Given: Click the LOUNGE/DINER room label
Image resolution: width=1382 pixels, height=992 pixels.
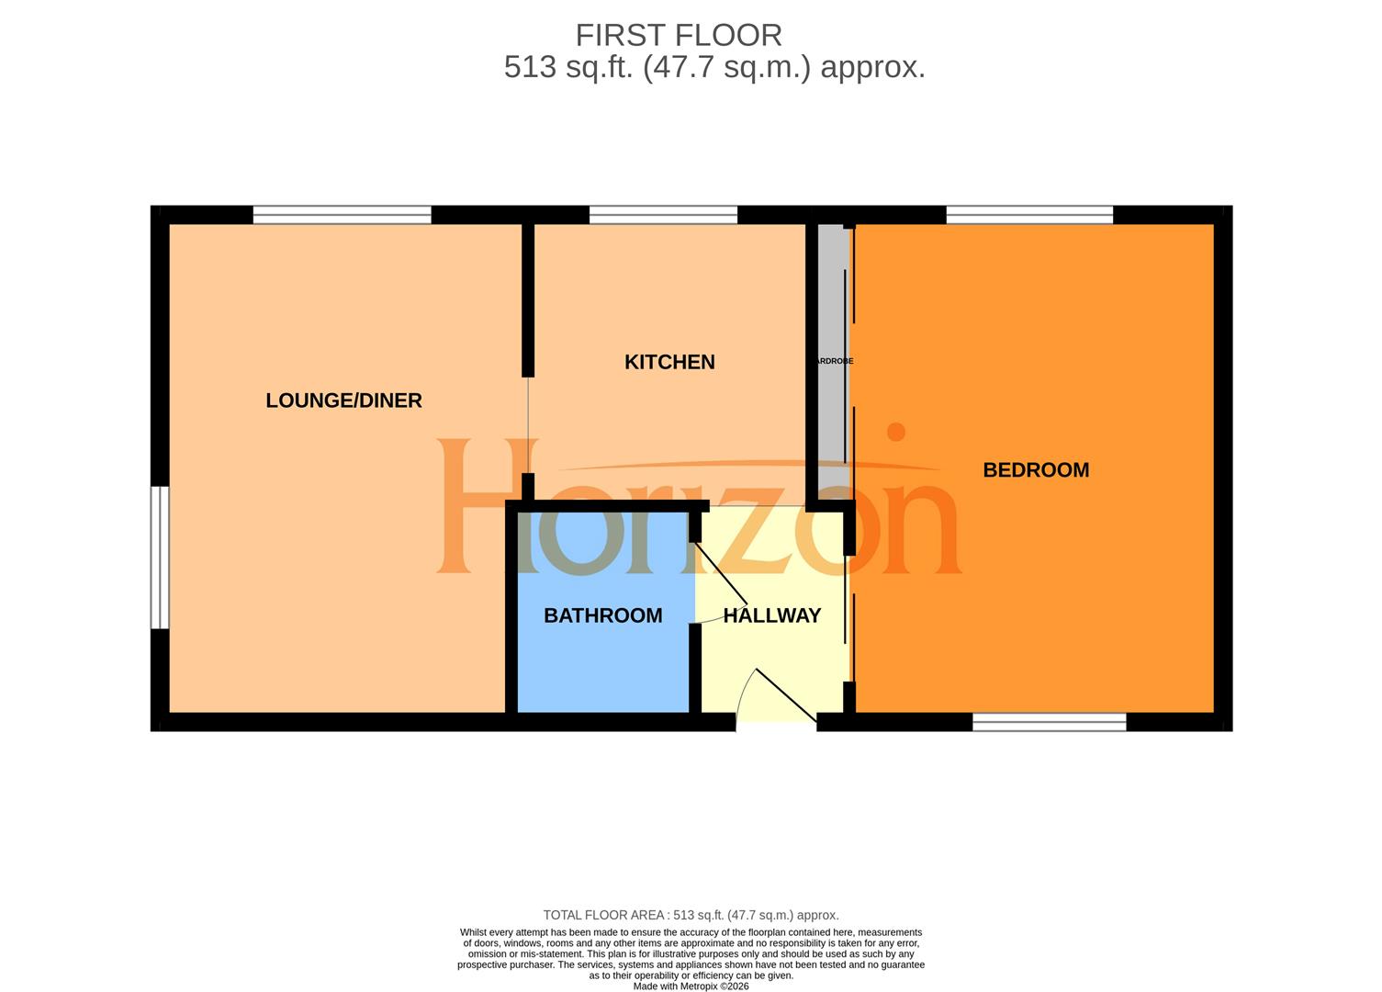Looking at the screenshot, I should (x=343, y=400).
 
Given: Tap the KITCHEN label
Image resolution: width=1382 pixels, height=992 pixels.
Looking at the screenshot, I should (x=669, y=362).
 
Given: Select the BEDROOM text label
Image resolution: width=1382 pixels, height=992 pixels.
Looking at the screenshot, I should (x=1036, y=470).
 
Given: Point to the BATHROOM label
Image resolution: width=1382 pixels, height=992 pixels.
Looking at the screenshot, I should (x=602, y=615).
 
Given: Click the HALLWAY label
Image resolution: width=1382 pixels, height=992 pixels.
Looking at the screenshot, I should (x=771, y=615).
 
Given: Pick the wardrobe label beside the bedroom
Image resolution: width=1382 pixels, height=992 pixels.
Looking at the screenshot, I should (x=834, y=361).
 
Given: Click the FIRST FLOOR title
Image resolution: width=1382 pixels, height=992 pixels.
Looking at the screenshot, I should (x=679, y=35).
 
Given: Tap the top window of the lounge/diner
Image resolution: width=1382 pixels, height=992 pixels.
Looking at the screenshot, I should (x=342, y=215).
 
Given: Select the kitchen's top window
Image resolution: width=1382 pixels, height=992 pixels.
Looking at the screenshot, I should (x=663, y=215).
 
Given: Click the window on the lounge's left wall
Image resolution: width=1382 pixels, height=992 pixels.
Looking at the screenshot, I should (x=160, y=558).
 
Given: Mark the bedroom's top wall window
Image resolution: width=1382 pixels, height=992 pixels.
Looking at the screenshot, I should (x=1029, y=215).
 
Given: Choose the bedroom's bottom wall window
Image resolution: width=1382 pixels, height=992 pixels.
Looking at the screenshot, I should (x=1049, y=723).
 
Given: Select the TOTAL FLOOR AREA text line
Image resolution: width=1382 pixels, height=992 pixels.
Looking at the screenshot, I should (x=691, y=915).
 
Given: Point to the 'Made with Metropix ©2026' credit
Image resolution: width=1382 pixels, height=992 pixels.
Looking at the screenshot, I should (x=691, y=986).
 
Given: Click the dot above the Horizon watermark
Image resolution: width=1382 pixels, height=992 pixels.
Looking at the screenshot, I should (x=895, y=432).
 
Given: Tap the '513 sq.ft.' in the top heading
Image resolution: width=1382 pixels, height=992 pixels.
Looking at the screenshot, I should (x=567, y=68).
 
